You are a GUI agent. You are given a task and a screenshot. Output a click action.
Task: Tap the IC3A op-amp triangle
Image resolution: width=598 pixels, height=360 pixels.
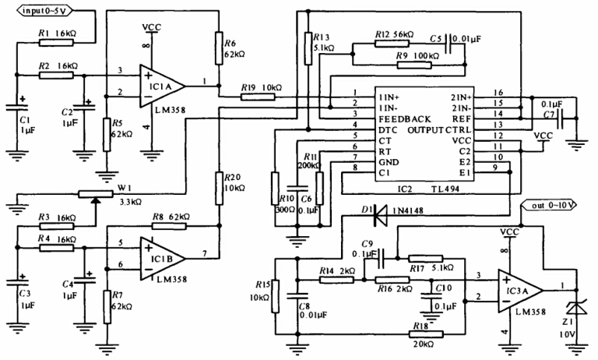[x=519, y=288]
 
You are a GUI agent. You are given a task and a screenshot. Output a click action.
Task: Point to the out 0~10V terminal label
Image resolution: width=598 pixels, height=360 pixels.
[x=554, y=206]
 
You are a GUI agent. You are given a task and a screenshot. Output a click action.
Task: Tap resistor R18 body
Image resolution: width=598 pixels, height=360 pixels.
[x=424, y=333]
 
